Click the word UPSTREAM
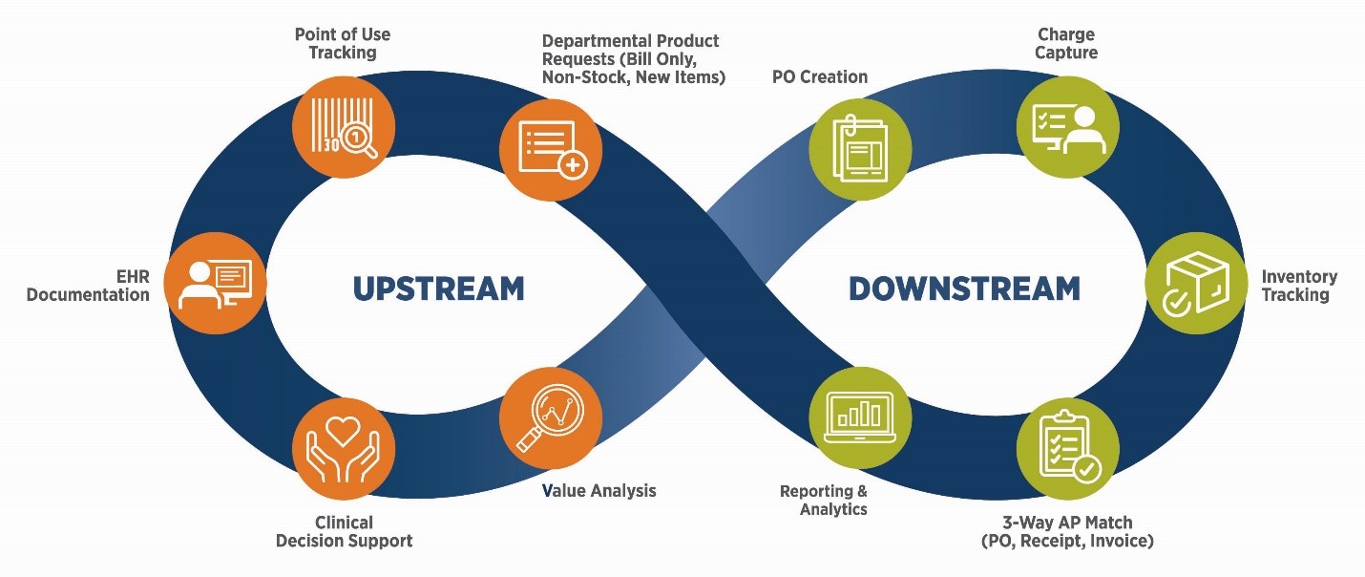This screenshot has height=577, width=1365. [438, 288]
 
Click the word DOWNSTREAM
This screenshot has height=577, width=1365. [964, 288]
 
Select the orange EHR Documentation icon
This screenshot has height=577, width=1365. [215, 283]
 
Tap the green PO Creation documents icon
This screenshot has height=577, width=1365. [860, 150]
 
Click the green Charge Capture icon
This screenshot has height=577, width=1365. [1067, 126]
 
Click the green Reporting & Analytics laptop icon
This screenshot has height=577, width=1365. [860, 417]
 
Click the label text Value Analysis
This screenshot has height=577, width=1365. [598, 491]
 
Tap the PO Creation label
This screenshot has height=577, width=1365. [819, 76]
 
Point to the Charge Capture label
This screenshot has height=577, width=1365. [1065, 44]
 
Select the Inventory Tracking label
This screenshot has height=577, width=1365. [1299, 286]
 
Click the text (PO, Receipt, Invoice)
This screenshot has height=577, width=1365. [1067, 542]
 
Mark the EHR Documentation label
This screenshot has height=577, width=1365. [88, 286]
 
